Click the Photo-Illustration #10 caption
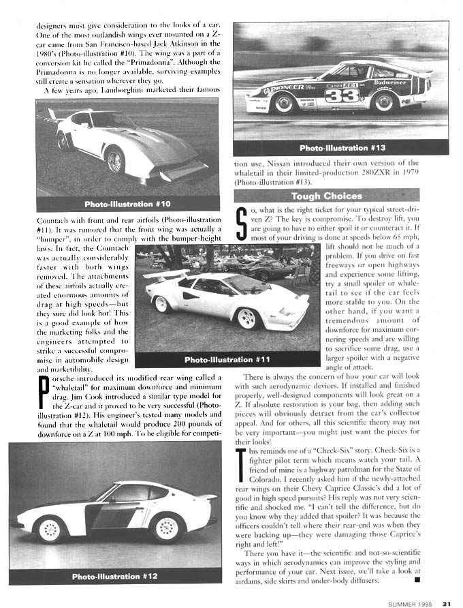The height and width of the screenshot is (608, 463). [x=127, y=204]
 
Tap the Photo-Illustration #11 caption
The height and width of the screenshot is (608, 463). [x=227, y=360]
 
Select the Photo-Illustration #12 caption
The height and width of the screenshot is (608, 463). [x=115, y=576]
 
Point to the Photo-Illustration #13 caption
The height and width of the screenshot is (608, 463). [x=342, y=148]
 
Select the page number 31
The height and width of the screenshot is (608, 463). [x=447, y=603]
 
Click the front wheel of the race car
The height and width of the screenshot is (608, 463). [x=284, y=102]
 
